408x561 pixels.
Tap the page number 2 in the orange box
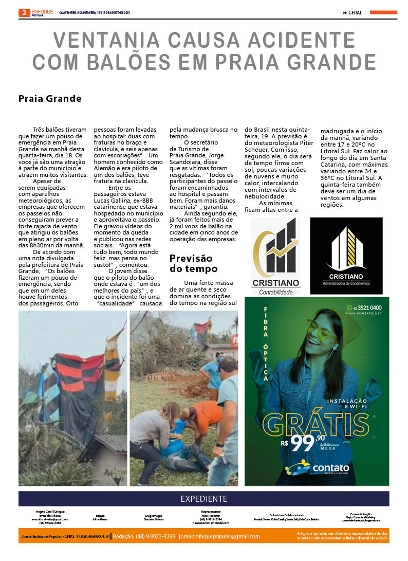coord(24,13)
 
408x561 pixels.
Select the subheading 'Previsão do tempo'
coord(193,263)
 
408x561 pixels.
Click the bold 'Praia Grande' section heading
coord(50,98)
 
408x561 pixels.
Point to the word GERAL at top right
coord(355,13)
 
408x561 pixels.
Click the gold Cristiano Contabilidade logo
coord(276,256)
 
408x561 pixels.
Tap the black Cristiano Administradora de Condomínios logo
coord(346,256)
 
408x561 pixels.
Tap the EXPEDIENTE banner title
coord(203,499)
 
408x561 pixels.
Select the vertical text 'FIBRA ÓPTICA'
coord(266,345)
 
